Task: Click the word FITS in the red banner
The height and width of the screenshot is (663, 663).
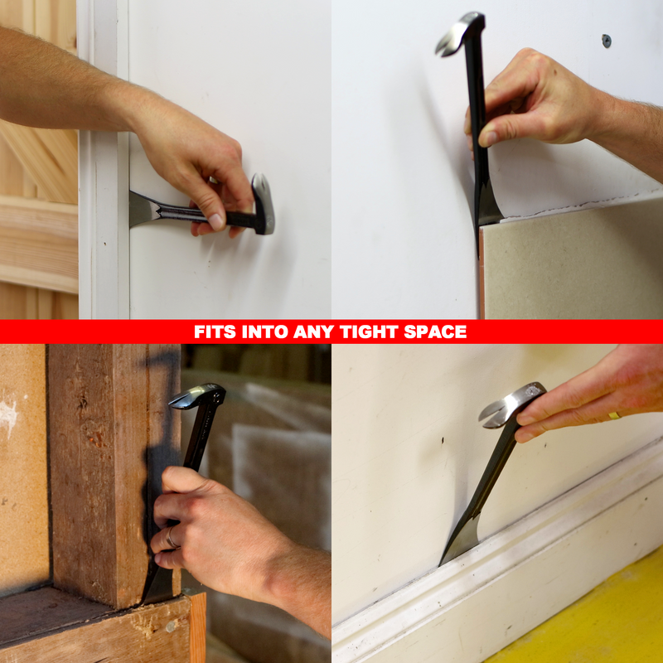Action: coord(215,332)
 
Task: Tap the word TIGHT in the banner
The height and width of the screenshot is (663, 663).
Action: coord(369,332)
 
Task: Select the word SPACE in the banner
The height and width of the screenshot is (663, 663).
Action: coord(435,332)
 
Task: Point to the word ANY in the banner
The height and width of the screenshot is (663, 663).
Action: coord(314,332)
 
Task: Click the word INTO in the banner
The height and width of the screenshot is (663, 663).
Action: coord(264,332)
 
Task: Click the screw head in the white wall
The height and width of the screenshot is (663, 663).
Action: coord(607,41)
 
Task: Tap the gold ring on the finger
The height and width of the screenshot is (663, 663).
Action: coord(614,416)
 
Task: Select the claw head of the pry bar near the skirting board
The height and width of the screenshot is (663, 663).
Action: coord(511,404)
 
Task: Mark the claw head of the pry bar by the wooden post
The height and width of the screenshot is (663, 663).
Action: coord(198,396)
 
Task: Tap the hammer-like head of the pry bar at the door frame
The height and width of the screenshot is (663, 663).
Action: coord(263,203)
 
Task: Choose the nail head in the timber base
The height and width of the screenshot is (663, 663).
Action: coord(171,627)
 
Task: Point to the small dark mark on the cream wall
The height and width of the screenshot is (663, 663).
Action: coord(443,441)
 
